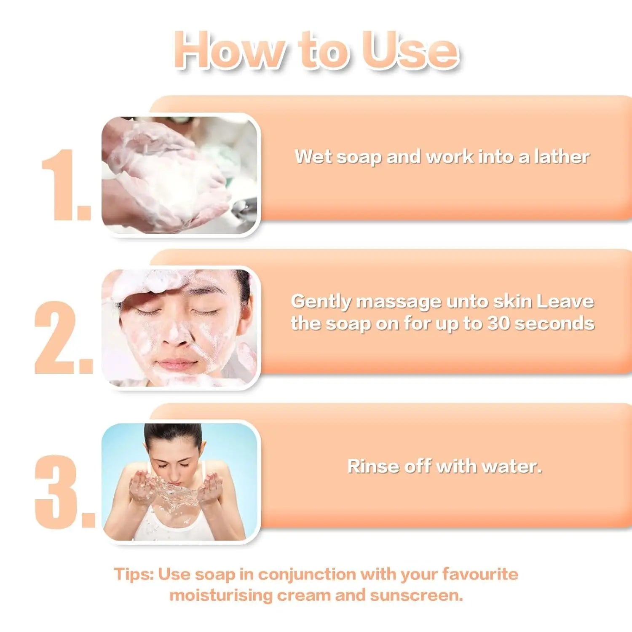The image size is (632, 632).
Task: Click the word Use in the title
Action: pos(410,50)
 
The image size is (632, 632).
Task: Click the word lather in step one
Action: pos(562,157)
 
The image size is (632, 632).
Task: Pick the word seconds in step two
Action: pos(554,324)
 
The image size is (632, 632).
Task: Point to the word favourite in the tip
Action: pos(480,574)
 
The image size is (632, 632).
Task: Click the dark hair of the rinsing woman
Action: pos(173,434)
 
